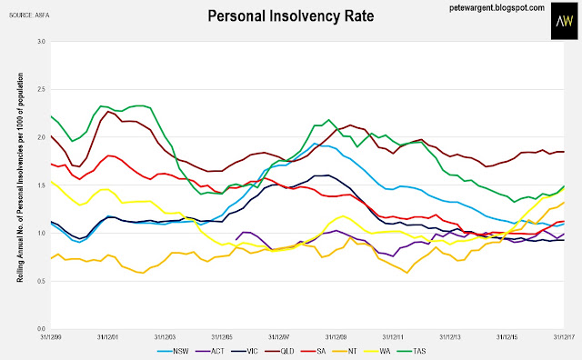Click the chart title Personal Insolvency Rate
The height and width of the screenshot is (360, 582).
click(x=291, y=16)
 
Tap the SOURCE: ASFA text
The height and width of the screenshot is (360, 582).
click(x=29, y=15)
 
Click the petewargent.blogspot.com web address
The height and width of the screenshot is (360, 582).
click(x=497, y=7)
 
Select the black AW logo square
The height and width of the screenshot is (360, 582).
click(x=564, y=21)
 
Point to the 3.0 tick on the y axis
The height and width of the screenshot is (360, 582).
click(x=41, y=42)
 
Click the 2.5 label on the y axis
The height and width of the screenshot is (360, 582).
click(x=41, y=89)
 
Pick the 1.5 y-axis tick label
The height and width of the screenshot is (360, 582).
click(x=41, y=185)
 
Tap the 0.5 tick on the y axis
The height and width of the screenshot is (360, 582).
click(x=41, y=281)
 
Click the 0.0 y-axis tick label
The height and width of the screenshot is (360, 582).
click(x=41, y=329)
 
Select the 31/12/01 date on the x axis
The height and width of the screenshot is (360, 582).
click(x=107, y=337)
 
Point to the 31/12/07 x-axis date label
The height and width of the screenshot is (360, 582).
click(x=279, y=337)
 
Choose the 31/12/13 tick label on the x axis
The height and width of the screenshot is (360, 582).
click(x=450, y=337)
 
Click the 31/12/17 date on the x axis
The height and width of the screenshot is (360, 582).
click(x=564, y=337)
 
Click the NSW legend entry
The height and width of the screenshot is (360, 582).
click(x=173, y=351)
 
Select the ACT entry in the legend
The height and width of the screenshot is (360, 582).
click(x=210, y=351)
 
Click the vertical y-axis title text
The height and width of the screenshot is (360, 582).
click(x=20, y=177)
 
